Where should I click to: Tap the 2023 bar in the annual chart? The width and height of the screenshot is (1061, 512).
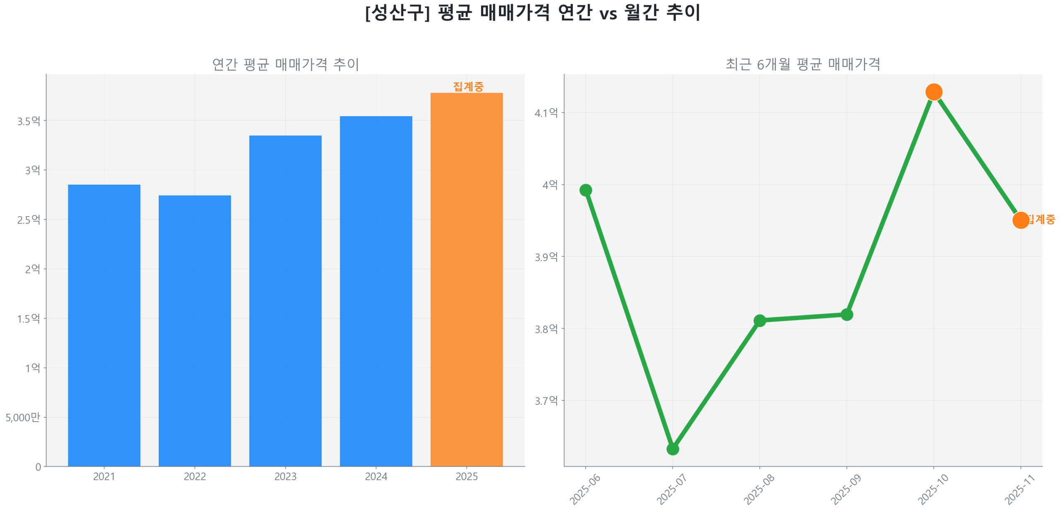click(285, 300)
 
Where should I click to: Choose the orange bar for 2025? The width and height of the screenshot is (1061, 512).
click(466, 279)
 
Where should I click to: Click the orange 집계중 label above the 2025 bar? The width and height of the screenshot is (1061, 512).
click(468, 86)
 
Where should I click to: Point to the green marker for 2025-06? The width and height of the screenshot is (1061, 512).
click(585, 190)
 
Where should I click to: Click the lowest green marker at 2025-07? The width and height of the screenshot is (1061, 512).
click(672, 449)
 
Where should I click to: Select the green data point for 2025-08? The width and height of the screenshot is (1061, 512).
click(759, 320)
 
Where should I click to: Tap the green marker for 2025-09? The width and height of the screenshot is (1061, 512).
click(846, 315)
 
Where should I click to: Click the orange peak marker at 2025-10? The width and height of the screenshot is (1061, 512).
click(933, 92)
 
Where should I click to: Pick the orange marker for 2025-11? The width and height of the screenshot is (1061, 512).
click(1020, 220)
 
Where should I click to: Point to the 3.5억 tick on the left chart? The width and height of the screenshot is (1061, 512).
click(29, 121)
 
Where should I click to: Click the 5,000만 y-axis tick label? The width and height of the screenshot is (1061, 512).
click(23, 417)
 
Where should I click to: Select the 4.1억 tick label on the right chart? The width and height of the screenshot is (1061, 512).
click(546, 112)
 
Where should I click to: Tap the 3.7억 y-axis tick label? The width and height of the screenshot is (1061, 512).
click(546, 400)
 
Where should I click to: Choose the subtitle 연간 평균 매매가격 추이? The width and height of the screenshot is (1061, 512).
click(285, 64)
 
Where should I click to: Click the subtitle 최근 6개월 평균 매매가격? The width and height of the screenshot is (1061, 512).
click(803, 64)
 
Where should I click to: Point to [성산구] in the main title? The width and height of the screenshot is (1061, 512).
click(397, 13)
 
